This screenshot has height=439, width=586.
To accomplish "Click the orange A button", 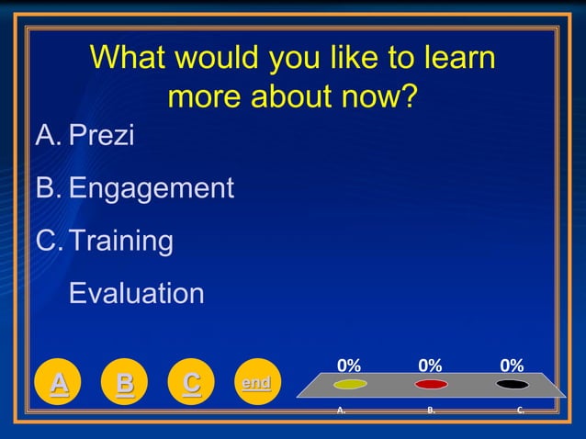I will [59, 382].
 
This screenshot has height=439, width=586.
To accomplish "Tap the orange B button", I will [125, 382].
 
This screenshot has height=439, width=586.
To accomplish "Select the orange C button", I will [191, 382].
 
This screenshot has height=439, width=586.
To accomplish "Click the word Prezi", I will [101, 136].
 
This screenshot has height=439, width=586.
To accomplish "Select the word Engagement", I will [152, 189].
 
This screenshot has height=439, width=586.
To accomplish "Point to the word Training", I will [121, 242].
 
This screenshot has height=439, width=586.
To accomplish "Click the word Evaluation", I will [137, 294].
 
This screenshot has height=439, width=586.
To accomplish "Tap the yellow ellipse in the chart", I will [350, 384].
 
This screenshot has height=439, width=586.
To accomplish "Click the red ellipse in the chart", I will [431, 384].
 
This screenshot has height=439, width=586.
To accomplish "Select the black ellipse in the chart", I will [512, 384].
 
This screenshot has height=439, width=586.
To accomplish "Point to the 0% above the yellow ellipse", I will [349, 366].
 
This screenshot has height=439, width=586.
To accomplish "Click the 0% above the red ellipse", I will [430, 366].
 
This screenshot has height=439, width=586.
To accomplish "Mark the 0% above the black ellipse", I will [512, 366].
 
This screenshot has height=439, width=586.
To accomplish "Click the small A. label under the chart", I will [341, 411].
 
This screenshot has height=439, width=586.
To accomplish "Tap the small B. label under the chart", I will [431, 411].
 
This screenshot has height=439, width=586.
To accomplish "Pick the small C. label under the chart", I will [521, 411].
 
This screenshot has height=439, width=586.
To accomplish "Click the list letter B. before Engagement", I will [47, 189].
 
